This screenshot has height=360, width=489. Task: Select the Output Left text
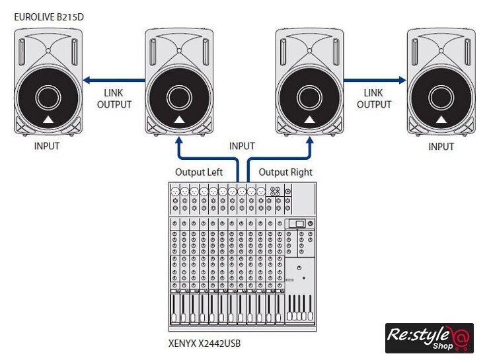[199, 172]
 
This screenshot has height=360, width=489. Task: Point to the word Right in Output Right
[301, 172]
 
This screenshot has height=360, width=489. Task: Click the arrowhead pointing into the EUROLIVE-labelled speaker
[85, 80]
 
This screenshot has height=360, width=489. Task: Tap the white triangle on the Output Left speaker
[178, 120]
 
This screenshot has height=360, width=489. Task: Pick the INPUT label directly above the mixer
[242, 146]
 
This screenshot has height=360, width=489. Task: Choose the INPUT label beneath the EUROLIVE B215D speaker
[47, 146]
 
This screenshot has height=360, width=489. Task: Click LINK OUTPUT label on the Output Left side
[114, 99]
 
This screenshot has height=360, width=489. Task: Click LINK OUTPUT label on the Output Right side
[374, 99]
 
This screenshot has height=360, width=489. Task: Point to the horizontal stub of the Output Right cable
[278, 159]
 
